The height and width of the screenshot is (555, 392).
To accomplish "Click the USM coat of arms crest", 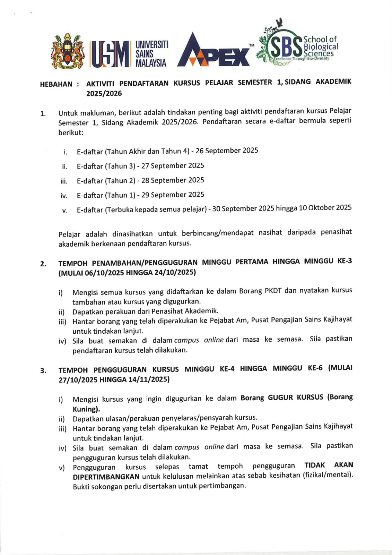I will pyautogui.click(x=68, y=51).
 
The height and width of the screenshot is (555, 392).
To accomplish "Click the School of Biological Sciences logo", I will pyautogui.click(x=297, y=45).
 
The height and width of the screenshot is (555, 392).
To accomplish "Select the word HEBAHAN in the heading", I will pyautogui.click(x=56, y=84).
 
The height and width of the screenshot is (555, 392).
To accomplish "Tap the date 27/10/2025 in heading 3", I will pyautogui.click(x=78, y=380).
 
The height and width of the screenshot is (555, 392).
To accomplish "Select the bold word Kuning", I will pyautogui.click(x=86, y=409).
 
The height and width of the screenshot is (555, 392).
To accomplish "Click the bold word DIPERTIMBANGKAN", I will pyautogui.click(x=106, y=477).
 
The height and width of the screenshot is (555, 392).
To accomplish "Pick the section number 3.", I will pyautogui.click(x=43, y=371).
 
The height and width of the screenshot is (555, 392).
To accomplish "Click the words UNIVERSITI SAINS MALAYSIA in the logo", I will pyautogui.click(x=151, y=54).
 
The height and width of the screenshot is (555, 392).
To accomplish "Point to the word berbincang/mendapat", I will pyautogui.click(x=217, y=233).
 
